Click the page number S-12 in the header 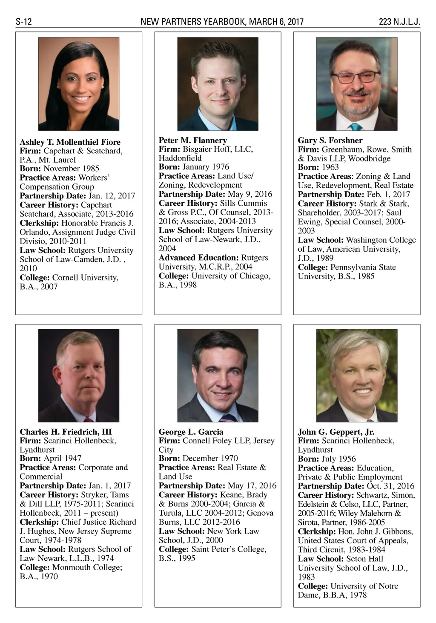pyautogui.click(x=24, y=22)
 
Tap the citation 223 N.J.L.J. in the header pyautogui.click(x=399, y=22)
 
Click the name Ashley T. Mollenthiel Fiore pyautogui.click(x=70, y=142)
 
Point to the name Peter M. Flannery pyautogui.click(x=193, y=140)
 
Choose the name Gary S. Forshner pyautogui.click(x=330, y=140)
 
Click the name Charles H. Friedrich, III pyautogui.click(x=66, y=431)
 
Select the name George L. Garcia pyautogui.click(x=191, y=431)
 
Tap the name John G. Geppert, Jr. pyautogui.click(x=336, y=432)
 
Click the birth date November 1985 pyautogui.click(x=71, y=169)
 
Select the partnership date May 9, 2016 pyautogui.click(x=250, y=194)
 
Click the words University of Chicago pyautogui.click(x=230, y=276)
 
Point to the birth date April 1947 pyautogui.click(x=62, y=458)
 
